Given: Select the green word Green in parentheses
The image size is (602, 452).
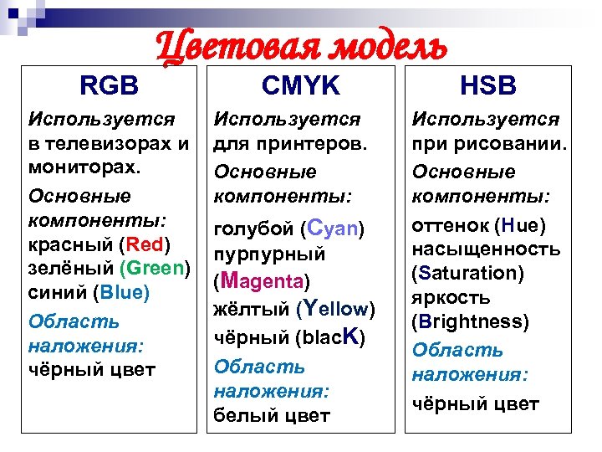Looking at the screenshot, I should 156,269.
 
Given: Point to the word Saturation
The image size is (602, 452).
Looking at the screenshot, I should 468,273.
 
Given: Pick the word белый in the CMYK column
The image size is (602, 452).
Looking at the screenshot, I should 242,414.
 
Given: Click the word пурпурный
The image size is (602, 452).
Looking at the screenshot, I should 270,254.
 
